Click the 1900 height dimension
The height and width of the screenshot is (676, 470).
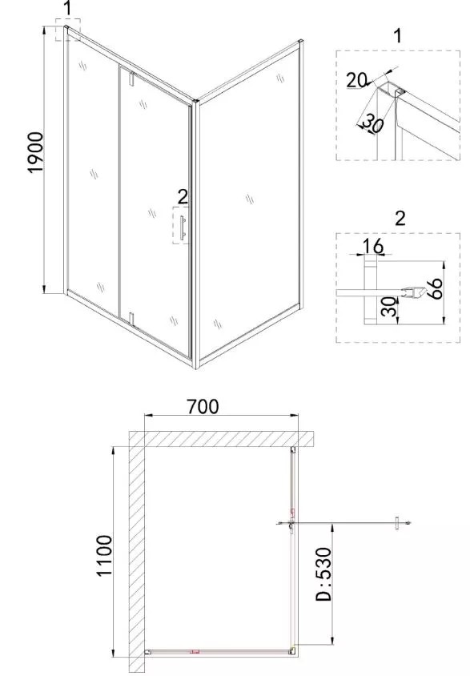click(x=36, y=152)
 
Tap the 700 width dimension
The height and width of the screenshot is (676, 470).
click(x=203, y=406)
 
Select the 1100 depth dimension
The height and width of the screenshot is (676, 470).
click(x=105, y=555)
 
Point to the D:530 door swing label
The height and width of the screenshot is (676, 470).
click(x=323, y=574)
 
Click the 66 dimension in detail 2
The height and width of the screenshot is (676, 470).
click(x=435, y=289)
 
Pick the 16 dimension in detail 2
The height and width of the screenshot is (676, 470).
click(x=372, y=246)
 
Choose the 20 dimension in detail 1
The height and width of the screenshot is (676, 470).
click(x=356, y=80)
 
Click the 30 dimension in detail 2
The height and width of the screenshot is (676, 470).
click(x=389, y=308)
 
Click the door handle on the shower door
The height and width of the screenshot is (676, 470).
click(x=183, y=227)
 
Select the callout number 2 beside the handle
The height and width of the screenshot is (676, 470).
click(x=183, y=197)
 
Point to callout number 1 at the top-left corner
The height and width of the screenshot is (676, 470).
click(x=67, y=8)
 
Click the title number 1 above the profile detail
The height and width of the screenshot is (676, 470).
click(x=398, y=35)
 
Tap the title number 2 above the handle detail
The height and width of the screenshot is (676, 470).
click(x=400, y=218)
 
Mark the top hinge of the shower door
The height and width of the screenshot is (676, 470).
click(x=132, y=78)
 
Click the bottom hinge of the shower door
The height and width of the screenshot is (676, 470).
click(x=132, y=319)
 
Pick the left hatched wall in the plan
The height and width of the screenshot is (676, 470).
click(x=137, y=551)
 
